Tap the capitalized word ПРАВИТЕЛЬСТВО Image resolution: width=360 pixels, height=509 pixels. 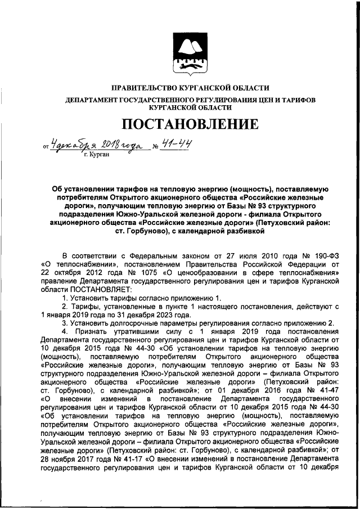click(143, 88)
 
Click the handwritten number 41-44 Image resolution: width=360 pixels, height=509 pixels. click(175, 144)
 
